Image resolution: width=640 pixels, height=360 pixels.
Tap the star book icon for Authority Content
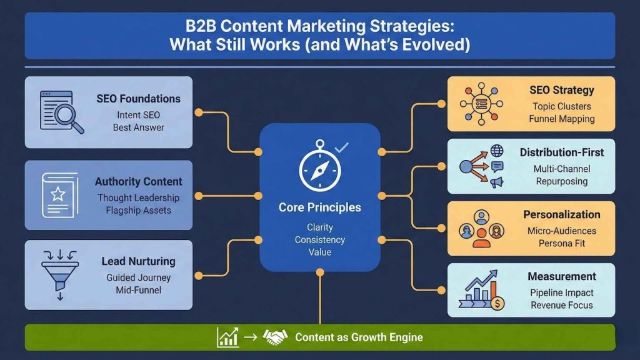(x=57, y=194)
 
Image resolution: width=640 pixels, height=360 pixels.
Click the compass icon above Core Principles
(x=319, y=168)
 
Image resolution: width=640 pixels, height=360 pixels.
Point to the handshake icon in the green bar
(x=275, y=337)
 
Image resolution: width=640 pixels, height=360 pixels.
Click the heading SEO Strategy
(x=561, y=91)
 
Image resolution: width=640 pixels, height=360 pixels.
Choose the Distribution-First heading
(x=561, y=152)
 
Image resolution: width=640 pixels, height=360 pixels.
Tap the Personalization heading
(x=561, y=214)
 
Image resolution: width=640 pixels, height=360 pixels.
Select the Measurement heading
(x=561, y=276)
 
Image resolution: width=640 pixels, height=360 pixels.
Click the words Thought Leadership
(x=138, y=197)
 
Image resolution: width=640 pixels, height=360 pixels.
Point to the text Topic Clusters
(x=561, y=106)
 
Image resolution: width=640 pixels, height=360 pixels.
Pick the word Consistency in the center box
(x=320, y=240)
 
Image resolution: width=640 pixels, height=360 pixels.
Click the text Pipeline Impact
(x=561, y=292)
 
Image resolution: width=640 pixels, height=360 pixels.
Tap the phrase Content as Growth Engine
(x=359, y=337)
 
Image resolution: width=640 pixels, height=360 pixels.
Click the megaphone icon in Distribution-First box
(x=497, y=182)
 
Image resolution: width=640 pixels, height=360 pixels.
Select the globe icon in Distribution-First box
(x=497, y=151)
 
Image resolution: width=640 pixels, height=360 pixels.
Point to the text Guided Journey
(x=138, y=277)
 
